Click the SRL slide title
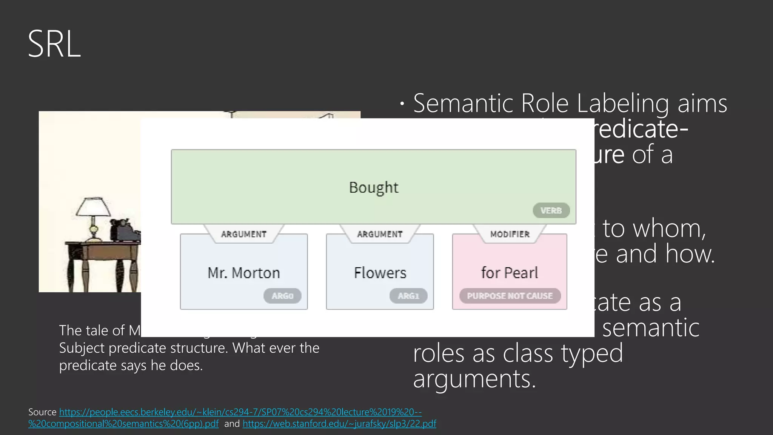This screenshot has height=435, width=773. coord(54,44)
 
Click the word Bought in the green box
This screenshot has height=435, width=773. coord(373,188)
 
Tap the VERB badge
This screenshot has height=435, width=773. coord(551,211)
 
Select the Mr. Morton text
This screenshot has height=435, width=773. coord(244,273)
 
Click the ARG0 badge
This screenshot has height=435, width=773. coord(282,296)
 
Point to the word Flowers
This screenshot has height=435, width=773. coord(380,273)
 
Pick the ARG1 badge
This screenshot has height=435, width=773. coord(408,296)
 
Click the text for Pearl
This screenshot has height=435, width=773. coord(510,273)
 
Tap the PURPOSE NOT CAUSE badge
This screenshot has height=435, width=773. coord(510,296)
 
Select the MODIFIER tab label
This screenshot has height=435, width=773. coord(510,234)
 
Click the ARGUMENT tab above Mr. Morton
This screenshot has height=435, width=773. coord(244,234)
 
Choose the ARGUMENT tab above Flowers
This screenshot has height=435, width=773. coord(380,234)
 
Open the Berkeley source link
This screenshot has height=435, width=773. coord(240,412)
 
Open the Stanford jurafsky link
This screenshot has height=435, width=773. coord(339,424)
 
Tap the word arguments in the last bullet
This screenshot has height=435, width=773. coord(474,379)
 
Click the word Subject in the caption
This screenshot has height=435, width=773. coord(82,348)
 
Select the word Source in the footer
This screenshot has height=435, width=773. coord(42,412)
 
